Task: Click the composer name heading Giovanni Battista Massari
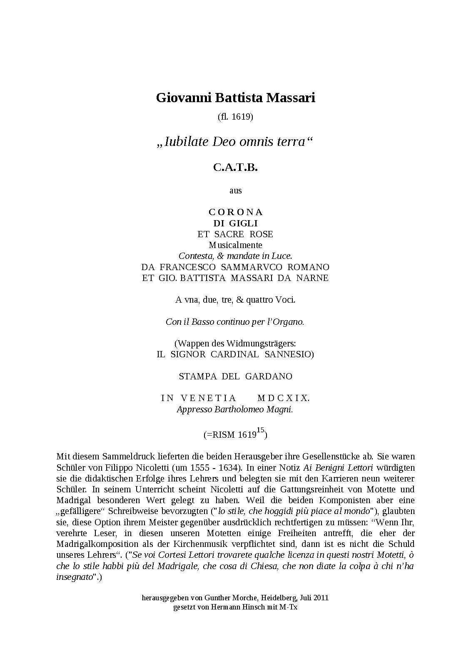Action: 235,98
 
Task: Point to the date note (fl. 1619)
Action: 235,117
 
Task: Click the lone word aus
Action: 235,191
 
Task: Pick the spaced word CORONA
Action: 235,212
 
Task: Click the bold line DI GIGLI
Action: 235,223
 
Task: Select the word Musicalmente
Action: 235,245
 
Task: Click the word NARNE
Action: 312,278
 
